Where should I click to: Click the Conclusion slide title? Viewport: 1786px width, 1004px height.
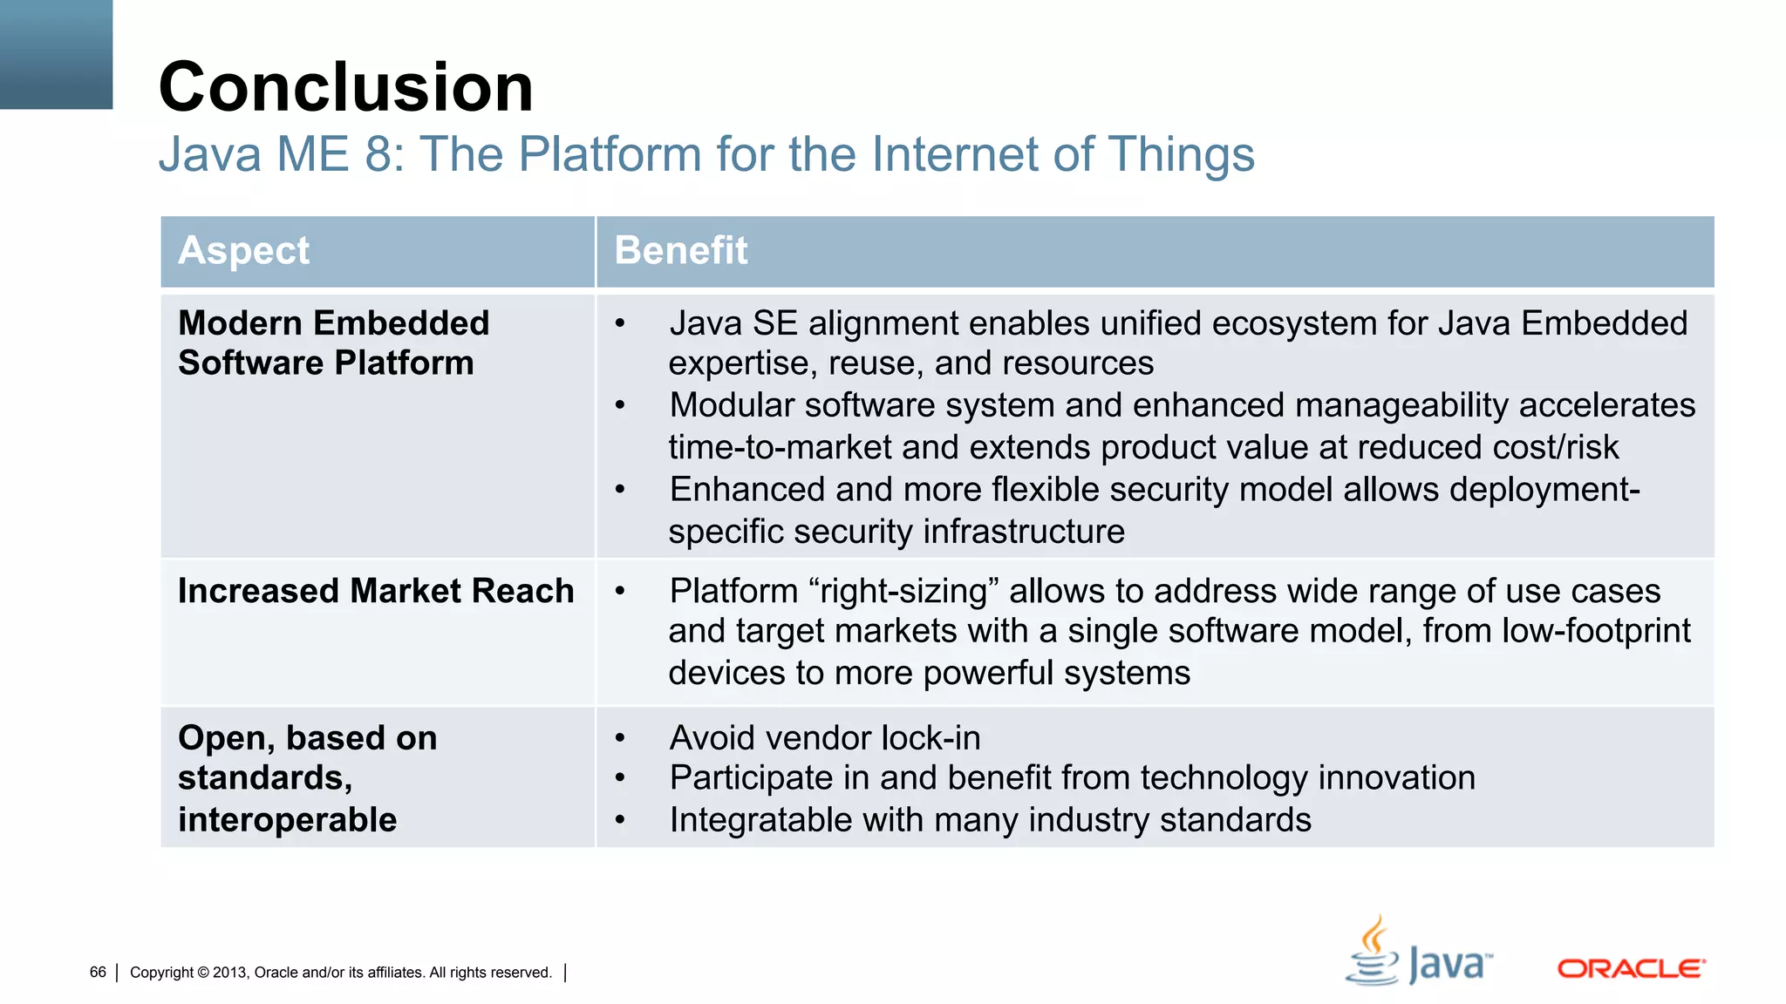(345, 87)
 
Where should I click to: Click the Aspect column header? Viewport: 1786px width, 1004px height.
(243, 251)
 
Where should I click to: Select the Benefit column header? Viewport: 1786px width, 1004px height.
(680, 251)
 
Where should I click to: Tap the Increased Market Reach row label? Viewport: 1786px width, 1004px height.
(376, 591)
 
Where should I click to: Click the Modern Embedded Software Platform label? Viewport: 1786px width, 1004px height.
(333, 343)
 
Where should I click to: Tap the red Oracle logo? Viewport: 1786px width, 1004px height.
(1631, 969)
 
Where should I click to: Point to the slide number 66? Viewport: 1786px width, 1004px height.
(98, 972)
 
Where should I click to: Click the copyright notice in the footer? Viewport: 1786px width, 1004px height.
(340, 973)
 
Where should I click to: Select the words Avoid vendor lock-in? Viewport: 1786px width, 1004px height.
(824, 738)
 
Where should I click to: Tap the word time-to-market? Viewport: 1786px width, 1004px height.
(780, 448)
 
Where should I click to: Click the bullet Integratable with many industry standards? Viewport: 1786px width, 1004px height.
(990, 820)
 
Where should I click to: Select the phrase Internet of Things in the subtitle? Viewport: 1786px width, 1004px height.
(1062, 154)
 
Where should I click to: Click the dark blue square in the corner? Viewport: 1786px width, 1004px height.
(56, 54)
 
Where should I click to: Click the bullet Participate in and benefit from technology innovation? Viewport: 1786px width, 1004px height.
(1072, 778)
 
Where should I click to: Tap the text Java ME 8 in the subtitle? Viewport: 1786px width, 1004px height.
(279, 154)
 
